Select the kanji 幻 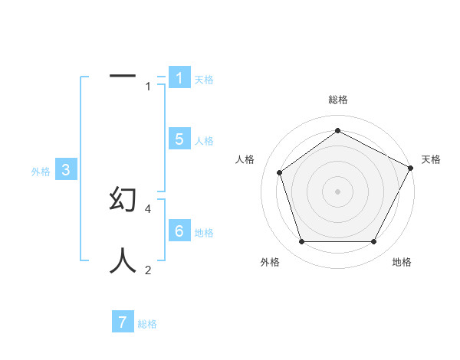[x=123, y=198]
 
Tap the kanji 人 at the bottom [x=123, y=260]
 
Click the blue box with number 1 [x=179, y=77]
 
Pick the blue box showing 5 [x=179, y=139]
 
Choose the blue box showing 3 [x=66, y=170]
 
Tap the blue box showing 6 [x=179, y=231]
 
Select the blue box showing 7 [x=123, y=322]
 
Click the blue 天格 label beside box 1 [x=204, y=79]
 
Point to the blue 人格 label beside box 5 [x=204, y=140]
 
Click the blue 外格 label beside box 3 [x=41, y=172]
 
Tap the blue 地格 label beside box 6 [x=204, y=232]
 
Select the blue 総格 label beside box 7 [x=147, y=324]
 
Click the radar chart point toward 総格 [x=337, y=131]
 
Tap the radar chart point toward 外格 [x=301, y=242]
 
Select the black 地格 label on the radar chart [x=402, y=262]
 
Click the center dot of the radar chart [x=337, y=191]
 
